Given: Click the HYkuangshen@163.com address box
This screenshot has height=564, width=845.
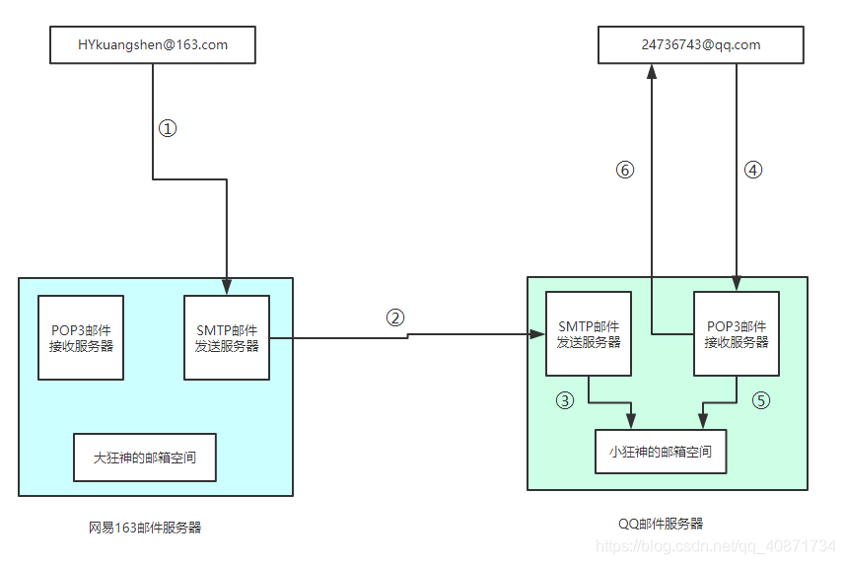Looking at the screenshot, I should [x=153, y=45].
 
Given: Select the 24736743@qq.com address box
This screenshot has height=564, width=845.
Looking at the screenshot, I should [x=700, y=45].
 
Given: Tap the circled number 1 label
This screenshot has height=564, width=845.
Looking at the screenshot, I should [x=168, y=128].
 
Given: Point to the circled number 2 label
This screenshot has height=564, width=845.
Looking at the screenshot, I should [x=394, y=317].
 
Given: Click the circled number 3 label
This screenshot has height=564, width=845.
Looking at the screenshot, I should [x=565, y=400].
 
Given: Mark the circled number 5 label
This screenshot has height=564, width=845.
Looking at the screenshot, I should [x=759, y=400].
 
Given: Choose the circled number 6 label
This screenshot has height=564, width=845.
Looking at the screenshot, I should [x=624, y=170].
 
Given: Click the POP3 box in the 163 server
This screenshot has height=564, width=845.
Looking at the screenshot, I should [x=81, y=337].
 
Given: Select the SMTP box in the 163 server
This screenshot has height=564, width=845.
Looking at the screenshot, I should [x=227, y=337].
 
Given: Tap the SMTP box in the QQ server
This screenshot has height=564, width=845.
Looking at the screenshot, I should [x=589, y=333].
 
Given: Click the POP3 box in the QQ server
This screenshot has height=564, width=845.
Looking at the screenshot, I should [x=737, y=333].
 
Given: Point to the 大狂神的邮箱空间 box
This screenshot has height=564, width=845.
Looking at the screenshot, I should [x=145, y=458].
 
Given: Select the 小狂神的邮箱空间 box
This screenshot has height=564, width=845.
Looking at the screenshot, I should [x=661, y=453].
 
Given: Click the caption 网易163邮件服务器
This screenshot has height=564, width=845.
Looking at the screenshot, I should [x=145, y=528].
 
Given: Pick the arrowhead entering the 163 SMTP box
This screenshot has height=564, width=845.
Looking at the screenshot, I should [x=227, y=288].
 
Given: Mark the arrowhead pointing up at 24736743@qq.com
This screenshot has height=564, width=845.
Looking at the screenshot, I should [x=652, y=70].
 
